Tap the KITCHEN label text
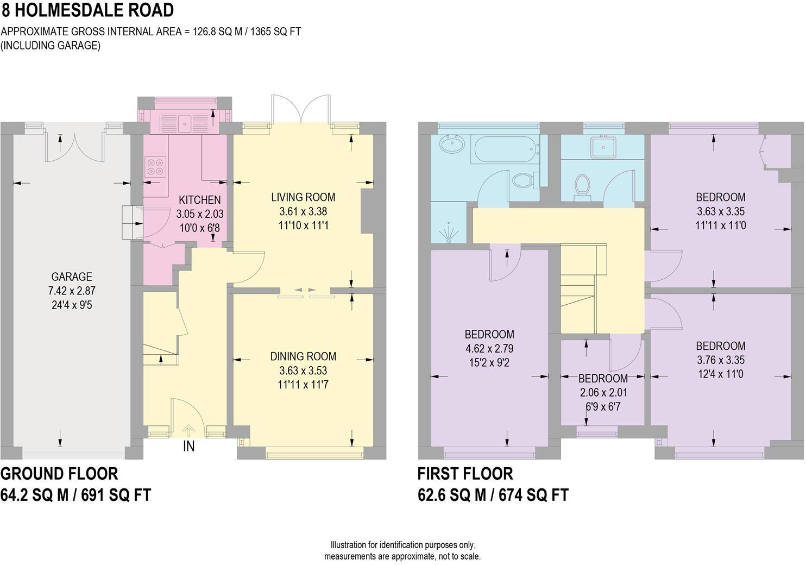pos(200,200)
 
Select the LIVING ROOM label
pos(303,197)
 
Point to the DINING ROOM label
pos(303,356)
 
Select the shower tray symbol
pos(449,231)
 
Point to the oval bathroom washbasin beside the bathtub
pos(452,145)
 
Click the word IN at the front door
pos(188,447)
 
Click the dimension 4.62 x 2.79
pos(489,349)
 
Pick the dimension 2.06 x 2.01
pos(603,392)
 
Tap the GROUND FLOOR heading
pos(59,474)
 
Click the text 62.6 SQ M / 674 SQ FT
pos(493,495)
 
